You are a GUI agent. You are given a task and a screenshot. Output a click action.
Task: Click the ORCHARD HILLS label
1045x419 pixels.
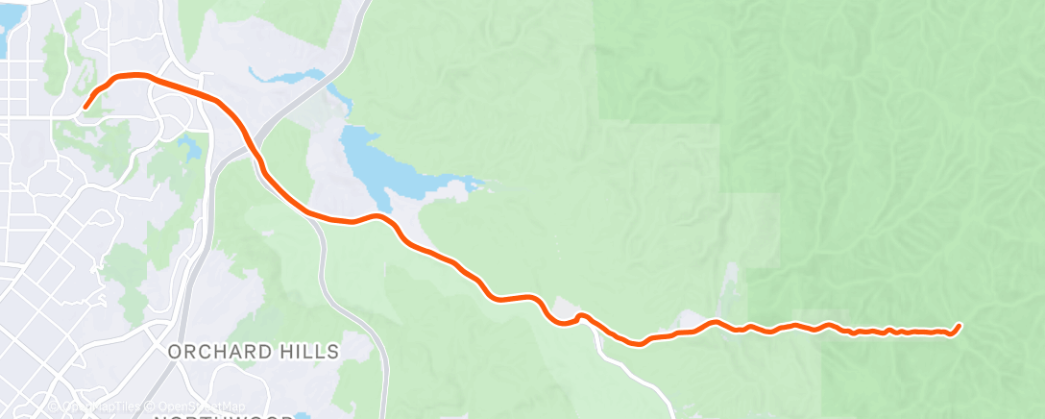point(254,352)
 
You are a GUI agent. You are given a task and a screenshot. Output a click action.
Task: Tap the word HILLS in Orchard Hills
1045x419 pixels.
point(306,352)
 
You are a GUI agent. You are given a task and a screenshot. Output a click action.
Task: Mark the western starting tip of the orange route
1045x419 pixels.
point(85,107)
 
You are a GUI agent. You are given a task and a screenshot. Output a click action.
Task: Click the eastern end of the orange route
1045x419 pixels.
point(959,326)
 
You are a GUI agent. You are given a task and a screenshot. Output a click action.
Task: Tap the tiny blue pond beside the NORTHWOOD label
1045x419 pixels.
point(304,415)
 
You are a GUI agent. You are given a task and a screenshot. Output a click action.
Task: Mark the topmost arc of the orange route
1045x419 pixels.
point(132,75)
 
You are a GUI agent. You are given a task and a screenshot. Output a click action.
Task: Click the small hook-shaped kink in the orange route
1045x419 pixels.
point(579,316)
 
